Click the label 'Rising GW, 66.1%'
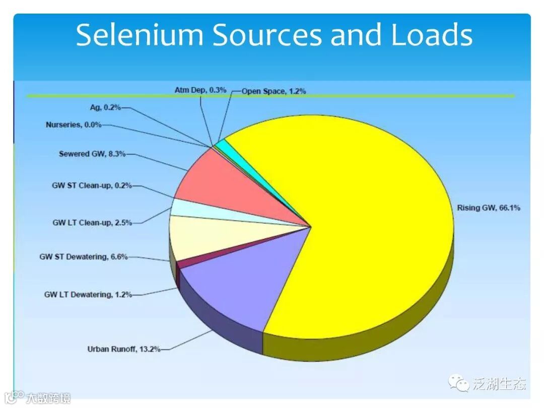point(488,208)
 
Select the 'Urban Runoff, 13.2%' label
point(123,349)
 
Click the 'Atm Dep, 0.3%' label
point(200,90)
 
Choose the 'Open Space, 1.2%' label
point(274,92)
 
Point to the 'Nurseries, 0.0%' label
point(73,124)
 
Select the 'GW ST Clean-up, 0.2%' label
point(92,185)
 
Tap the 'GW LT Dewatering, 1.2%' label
point(88,294)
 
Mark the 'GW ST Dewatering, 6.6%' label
point(83,257)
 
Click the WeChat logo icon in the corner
point(458,384)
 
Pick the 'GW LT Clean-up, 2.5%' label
point(92,222)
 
